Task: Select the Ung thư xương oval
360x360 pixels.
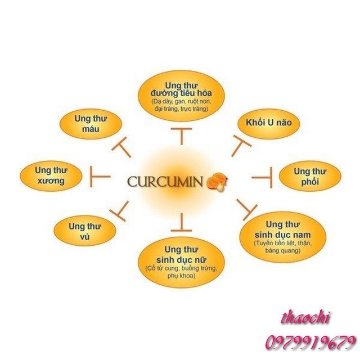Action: (x=49, y=175)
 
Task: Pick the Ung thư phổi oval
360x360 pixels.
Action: (x=310, y=175)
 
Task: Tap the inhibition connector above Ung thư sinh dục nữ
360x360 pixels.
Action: (x=181, y=222)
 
